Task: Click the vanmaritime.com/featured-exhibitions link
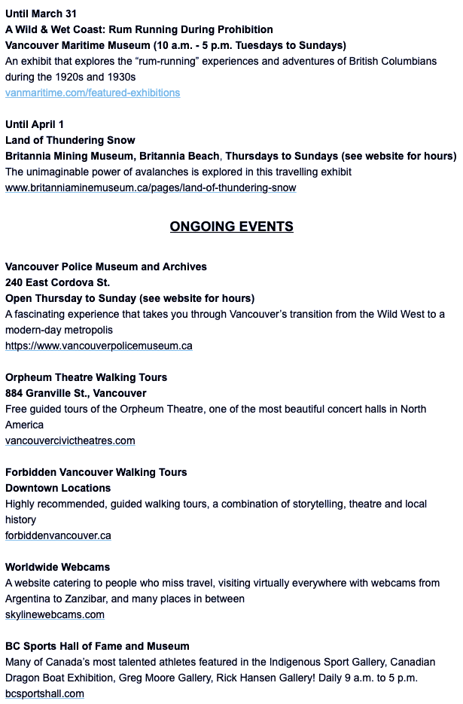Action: point(93,93)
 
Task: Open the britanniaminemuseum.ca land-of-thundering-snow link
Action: point(151,187)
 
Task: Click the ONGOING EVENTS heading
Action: point(231,227)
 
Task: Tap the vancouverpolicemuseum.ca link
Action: point(99,346)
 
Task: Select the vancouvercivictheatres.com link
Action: point(70,440)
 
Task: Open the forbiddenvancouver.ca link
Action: point(58,535)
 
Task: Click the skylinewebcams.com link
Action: point(55,614)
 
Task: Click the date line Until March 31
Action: point(41,14)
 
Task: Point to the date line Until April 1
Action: point(35,124)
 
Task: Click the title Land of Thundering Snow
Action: point(70,140)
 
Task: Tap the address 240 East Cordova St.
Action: point(57,282)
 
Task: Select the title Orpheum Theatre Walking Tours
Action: point(86,377)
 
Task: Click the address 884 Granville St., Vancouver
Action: point(76,393)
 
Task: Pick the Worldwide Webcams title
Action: point(57,567)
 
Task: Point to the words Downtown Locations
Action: point(58,488)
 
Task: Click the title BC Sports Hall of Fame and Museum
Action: point(97,646)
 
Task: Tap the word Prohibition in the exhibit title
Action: point(244,29)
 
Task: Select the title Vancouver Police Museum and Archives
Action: point(105,267)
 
